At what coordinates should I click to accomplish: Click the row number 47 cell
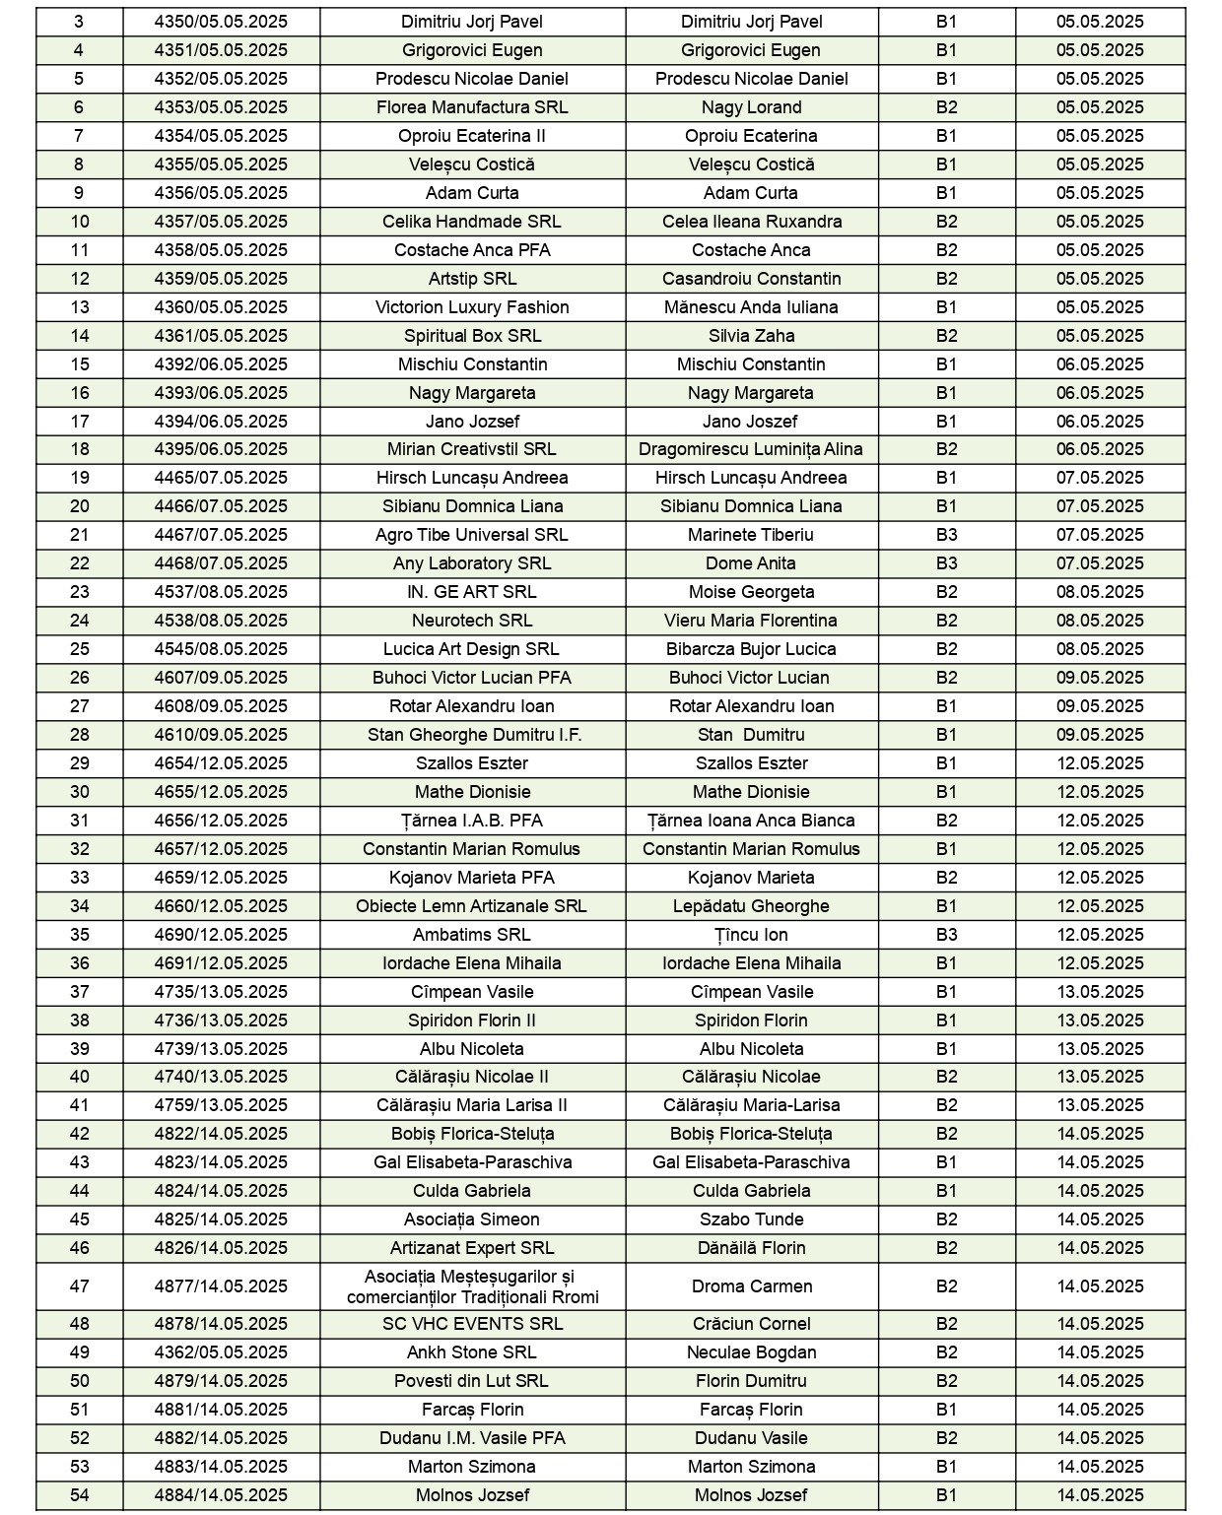79,1286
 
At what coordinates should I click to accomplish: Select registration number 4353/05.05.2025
221,107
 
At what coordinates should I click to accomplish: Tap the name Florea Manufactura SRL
472,107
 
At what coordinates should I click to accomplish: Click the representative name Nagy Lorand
751,107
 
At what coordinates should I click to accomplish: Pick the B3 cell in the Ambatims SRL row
946,935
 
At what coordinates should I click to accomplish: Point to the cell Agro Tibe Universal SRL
472,535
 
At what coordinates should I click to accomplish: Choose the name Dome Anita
751,563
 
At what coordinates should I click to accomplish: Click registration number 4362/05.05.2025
221,1352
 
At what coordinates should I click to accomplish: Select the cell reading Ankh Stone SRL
472,1352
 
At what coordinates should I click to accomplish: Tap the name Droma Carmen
751,1286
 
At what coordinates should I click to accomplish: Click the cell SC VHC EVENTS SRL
472,1324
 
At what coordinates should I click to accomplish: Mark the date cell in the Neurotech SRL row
1100,621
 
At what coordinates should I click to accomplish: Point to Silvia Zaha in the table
751,336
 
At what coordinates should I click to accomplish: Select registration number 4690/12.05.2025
221,935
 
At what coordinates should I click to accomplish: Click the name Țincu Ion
751,935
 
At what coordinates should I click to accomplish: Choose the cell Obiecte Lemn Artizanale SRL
472,906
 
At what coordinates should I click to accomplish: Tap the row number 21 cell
79,535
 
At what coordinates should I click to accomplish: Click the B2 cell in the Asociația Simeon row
946,1219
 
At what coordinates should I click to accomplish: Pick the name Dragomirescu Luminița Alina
751,449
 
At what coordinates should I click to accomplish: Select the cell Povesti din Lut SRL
472,1381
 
